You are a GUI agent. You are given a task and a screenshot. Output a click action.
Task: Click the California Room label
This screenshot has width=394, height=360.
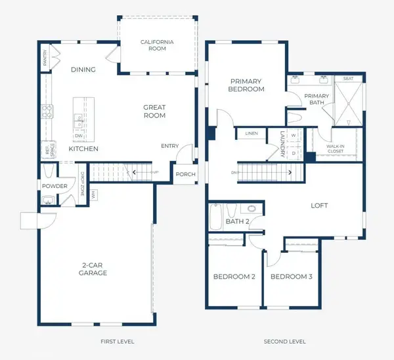pos(158,45)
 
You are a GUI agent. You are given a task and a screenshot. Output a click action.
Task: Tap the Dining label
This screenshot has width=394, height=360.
pos(83,70)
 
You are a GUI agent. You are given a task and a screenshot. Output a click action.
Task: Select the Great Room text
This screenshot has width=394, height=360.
pos(154,111)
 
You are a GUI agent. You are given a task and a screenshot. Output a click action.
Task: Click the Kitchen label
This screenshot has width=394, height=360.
pos(83,149)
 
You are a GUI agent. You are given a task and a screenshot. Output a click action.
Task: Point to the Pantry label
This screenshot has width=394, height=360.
pos(45,59)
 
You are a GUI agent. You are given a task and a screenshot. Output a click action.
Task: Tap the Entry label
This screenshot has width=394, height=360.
pos(169,146)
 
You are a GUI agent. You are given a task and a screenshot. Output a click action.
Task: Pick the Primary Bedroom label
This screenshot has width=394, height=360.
pos(246,85)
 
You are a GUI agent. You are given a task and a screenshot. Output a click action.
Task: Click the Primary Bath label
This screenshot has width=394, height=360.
pos(317,99)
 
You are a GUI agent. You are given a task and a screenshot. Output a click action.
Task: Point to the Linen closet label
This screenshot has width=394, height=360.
pos(252,133)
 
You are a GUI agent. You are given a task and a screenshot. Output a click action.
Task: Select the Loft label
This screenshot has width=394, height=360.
pos(319,206)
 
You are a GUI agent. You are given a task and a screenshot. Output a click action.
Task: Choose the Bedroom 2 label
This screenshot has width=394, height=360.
pos(234,277)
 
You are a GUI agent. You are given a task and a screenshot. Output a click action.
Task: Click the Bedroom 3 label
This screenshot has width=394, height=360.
pos(291,277)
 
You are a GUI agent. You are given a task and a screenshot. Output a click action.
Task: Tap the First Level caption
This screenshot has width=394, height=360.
pos(118,342)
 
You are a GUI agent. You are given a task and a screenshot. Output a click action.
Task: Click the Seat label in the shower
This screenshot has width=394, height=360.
pos(348,79)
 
